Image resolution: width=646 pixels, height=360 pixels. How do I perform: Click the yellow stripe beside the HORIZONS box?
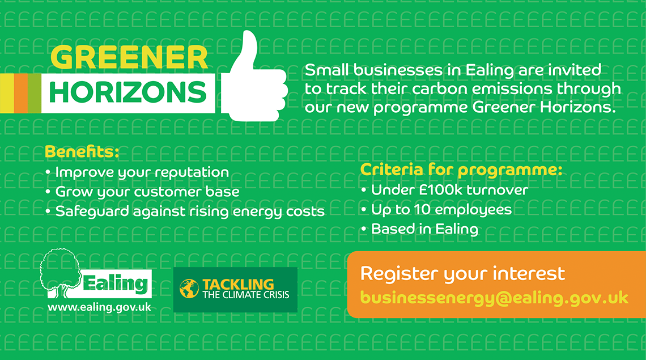tap(7, 93)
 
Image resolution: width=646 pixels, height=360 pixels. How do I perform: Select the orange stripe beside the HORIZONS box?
tap(21, 93)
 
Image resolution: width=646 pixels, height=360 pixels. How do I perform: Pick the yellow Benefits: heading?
tap(82, 151)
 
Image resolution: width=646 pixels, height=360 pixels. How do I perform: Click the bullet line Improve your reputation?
tap(137, 172)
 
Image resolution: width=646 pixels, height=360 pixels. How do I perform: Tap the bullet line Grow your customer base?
tap(143, 192)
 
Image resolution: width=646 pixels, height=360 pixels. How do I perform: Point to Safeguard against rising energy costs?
tap(185, 211)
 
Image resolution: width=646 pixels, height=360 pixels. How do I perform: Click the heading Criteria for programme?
tap(461, 170)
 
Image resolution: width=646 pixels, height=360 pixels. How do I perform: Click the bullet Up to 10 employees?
tap(436, 210)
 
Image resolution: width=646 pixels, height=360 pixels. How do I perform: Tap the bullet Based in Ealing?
tap(420, 229)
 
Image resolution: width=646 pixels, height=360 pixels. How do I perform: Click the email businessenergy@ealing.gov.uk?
tap(494, 298)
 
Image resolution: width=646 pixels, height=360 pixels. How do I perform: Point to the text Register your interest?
tap(462, 274)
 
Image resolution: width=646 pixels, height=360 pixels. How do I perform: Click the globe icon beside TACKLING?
tap(189, 289)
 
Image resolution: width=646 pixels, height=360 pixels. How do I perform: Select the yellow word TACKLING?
tap(238, 284)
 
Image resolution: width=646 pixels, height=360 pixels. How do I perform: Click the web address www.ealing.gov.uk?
tap(99, 307)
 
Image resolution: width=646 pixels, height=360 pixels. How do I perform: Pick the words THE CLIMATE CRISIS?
tap(246, 295)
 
